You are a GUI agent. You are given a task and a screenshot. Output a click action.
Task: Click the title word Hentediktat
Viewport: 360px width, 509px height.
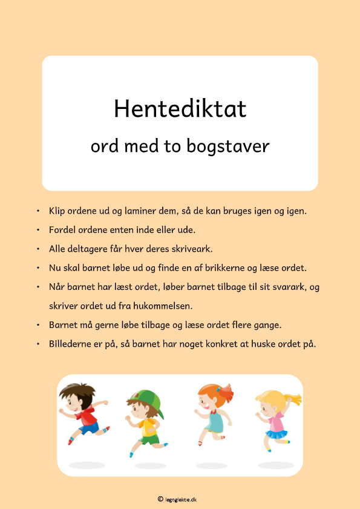[180, 109]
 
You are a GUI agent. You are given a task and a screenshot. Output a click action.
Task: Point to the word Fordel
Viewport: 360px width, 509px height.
[62, 230]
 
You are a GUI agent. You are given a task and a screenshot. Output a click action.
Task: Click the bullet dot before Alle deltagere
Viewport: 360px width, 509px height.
[38, 249]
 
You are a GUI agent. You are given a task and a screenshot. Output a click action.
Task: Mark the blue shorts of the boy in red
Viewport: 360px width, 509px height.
[88, 429]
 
